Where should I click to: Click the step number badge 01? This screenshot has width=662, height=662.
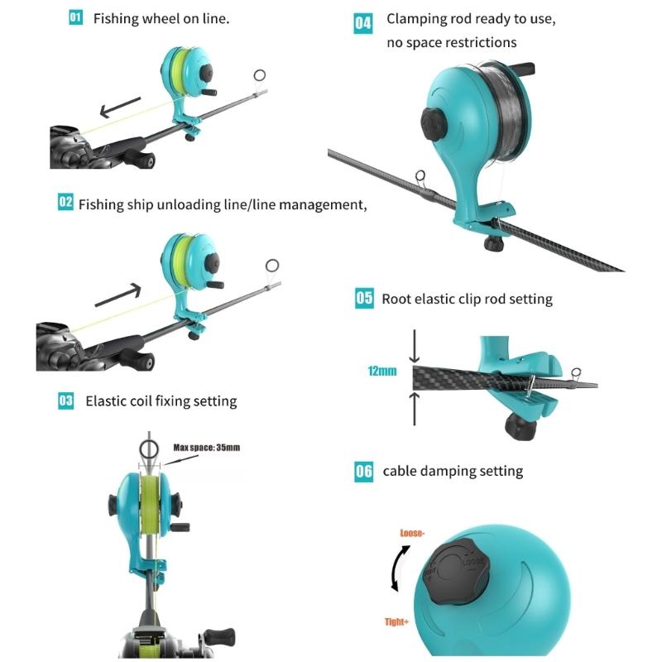pyautogui.click(x=75, y=18)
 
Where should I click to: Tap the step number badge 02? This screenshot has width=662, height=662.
pyautogui.click(x=65, y=203)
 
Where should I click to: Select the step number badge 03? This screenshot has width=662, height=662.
pyautogui.click(x=65, y=401)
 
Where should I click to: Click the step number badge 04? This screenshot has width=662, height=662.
pyautogui.click(x=363, y=22)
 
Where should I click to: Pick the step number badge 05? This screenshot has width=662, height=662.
pyautogui.click(x=364, y=299)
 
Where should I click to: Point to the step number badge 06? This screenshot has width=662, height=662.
pyautogui.click(x=364, y=471)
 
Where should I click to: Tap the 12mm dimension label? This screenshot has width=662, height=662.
pyautogui.click(x=381, y=372)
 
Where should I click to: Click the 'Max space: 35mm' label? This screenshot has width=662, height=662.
pyautogui.click(x=206, y=448)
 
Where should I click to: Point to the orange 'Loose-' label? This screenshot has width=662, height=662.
pyautogui.click(x=415, y=533)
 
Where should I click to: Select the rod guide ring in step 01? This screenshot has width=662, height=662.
pyautogui.click(x=259, y=76)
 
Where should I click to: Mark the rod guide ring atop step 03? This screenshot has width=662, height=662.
pyautogui.click(x=149, y=449)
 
